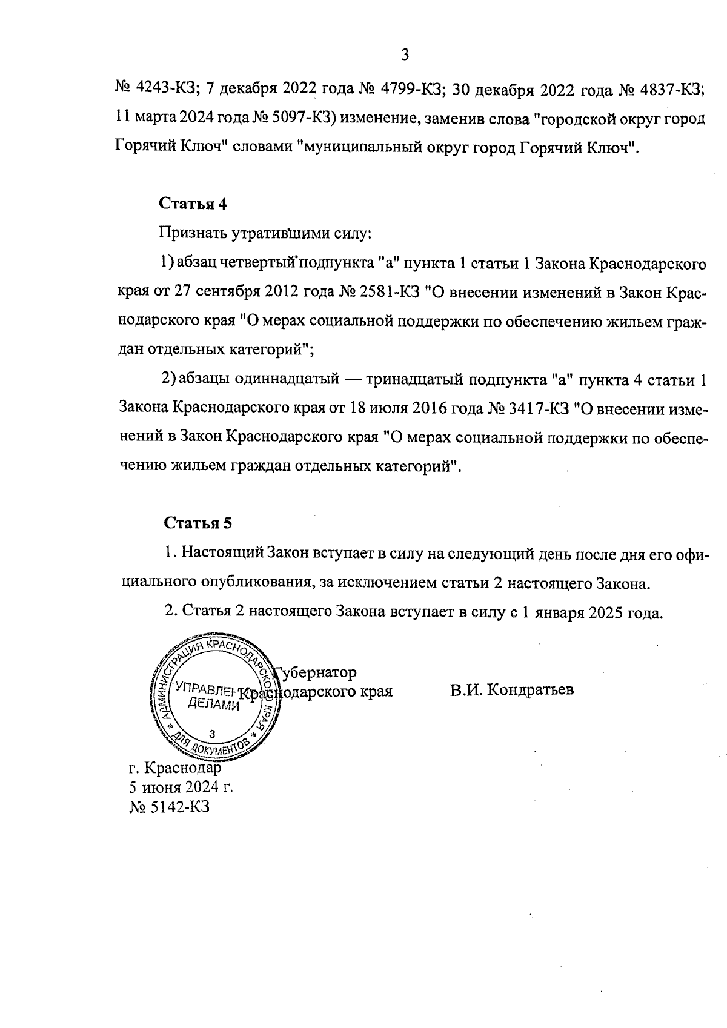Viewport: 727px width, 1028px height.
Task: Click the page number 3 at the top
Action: [x=405, y=55]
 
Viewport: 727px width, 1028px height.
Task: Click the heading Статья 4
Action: [x=193, y=204]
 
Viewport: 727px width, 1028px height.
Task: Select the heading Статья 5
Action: [x=198, y=523]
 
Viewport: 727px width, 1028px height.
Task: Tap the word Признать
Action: [x=193, y=233]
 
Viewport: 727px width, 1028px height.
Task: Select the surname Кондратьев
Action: [x=529, y=690]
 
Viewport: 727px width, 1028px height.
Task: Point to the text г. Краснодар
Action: [x=175, y=768]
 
